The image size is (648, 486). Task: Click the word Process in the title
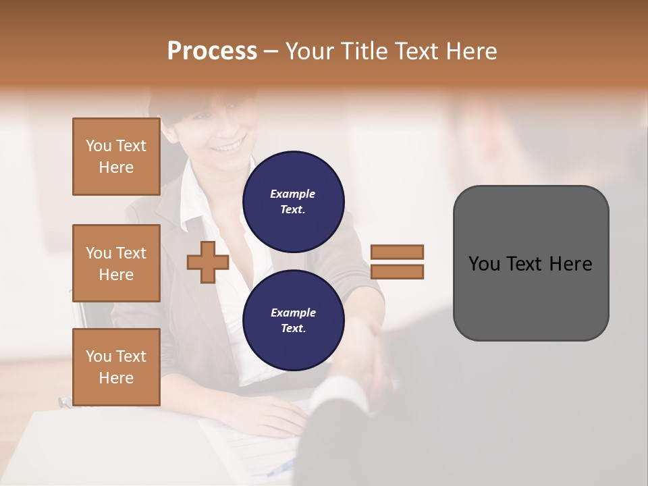pyautogui.click(x=212, y=51)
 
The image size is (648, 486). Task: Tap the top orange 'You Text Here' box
pyautogui.click(x=116, y=157)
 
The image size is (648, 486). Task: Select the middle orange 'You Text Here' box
pyautogui.click(x=116, y=263)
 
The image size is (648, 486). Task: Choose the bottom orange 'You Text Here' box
pyautogui.click(x=116, y=367)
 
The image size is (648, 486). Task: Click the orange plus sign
pyautogui.click(x=208, y=262)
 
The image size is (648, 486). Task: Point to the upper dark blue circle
pyautogui.click(x=293, y=202)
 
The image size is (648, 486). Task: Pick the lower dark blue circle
pyautogui.click(x=293, y=321)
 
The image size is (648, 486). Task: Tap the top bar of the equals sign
pyautogui.click(x=398, y=252)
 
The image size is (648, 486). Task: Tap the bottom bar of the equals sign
pyautogui.click(x=398, y=272)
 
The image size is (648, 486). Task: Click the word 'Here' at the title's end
pyautogui.click(x=470, y=51)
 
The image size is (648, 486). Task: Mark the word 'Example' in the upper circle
pyautogui.click(x=293, y=194)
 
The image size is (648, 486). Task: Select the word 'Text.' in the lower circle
pyautogui.click(x=293, y=328)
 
